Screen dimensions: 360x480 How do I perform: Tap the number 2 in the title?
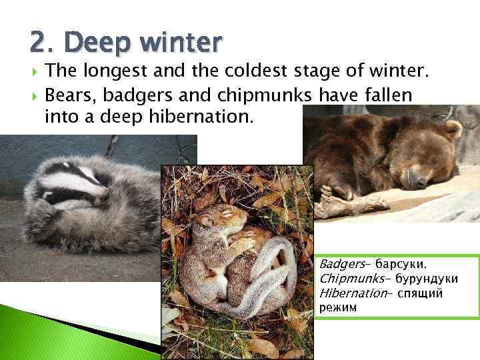coord(38,43)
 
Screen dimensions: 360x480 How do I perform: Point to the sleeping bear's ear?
coord(452,129)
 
